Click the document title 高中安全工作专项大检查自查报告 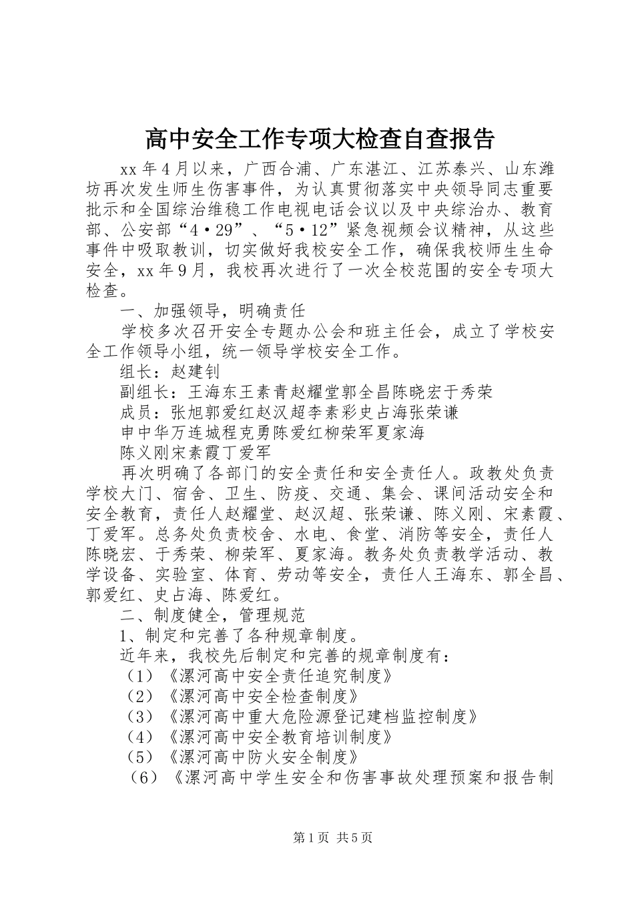[x=320, y=139]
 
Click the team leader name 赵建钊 [x=196, y=371]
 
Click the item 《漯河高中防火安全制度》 [x=263, y=758]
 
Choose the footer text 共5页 [x=354, y=838]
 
